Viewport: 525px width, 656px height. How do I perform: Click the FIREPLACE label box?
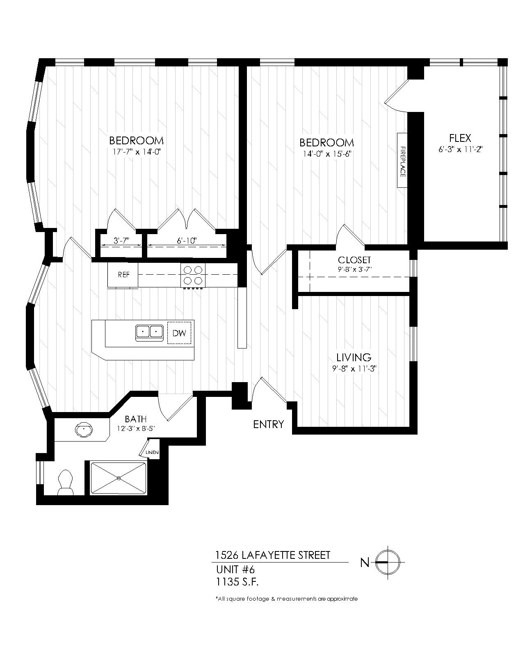point(402,160)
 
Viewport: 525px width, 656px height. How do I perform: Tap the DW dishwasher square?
point(179,333)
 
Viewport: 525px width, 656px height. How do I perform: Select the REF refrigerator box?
point(123,275)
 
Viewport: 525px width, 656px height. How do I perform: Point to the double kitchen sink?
point(149,331)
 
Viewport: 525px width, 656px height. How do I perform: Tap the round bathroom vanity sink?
point(84,430)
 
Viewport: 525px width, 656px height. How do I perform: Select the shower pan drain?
point(119,478)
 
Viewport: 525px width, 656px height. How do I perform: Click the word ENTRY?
point(268,424)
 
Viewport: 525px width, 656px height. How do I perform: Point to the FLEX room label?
point(460,138)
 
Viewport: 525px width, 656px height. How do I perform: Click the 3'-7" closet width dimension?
point(121,241)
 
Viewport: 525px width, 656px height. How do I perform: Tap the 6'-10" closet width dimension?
point(187,241)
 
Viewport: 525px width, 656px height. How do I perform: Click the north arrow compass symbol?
point(388,562)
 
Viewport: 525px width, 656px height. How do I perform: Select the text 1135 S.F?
point(237,581)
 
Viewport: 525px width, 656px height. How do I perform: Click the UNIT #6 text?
point(235,569)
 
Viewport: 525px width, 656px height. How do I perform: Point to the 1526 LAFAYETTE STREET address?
point(273,556)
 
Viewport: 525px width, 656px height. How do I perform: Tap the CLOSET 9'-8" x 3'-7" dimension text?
point(354,269)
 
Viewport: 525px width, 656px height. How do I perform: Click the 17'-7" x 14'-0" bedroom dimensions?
point(136,152)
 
